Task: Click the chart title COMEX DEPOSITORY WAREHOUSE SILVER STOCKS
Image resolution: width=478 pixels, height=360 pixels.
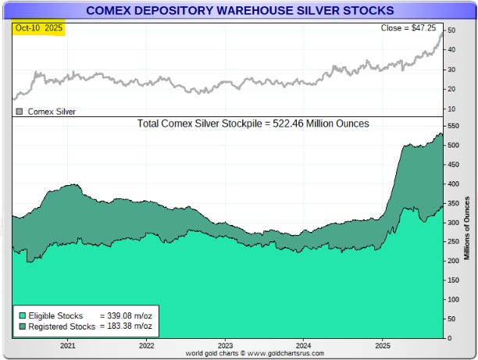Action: (239, 10)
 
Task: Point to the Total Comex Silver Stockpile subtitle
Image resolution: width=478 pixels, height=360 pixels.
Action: (253, 123)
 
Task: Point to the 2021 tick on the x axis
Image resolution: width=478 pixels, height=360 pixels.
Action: (68, 344)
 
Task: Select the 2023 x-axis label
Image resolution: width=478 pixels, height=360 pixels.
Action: (225, 344)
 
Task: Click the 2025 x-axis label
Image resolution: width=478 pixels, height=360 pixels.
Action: (383, 344)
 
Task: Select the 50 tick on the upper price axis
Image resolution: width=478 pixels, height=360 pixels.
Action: (452, 30)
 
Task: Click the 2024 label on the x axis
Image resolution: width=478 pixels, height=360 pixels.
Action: (304, 344)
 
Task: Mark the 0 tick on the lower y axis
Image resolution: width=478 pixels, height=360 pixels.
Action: (450, 337)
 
